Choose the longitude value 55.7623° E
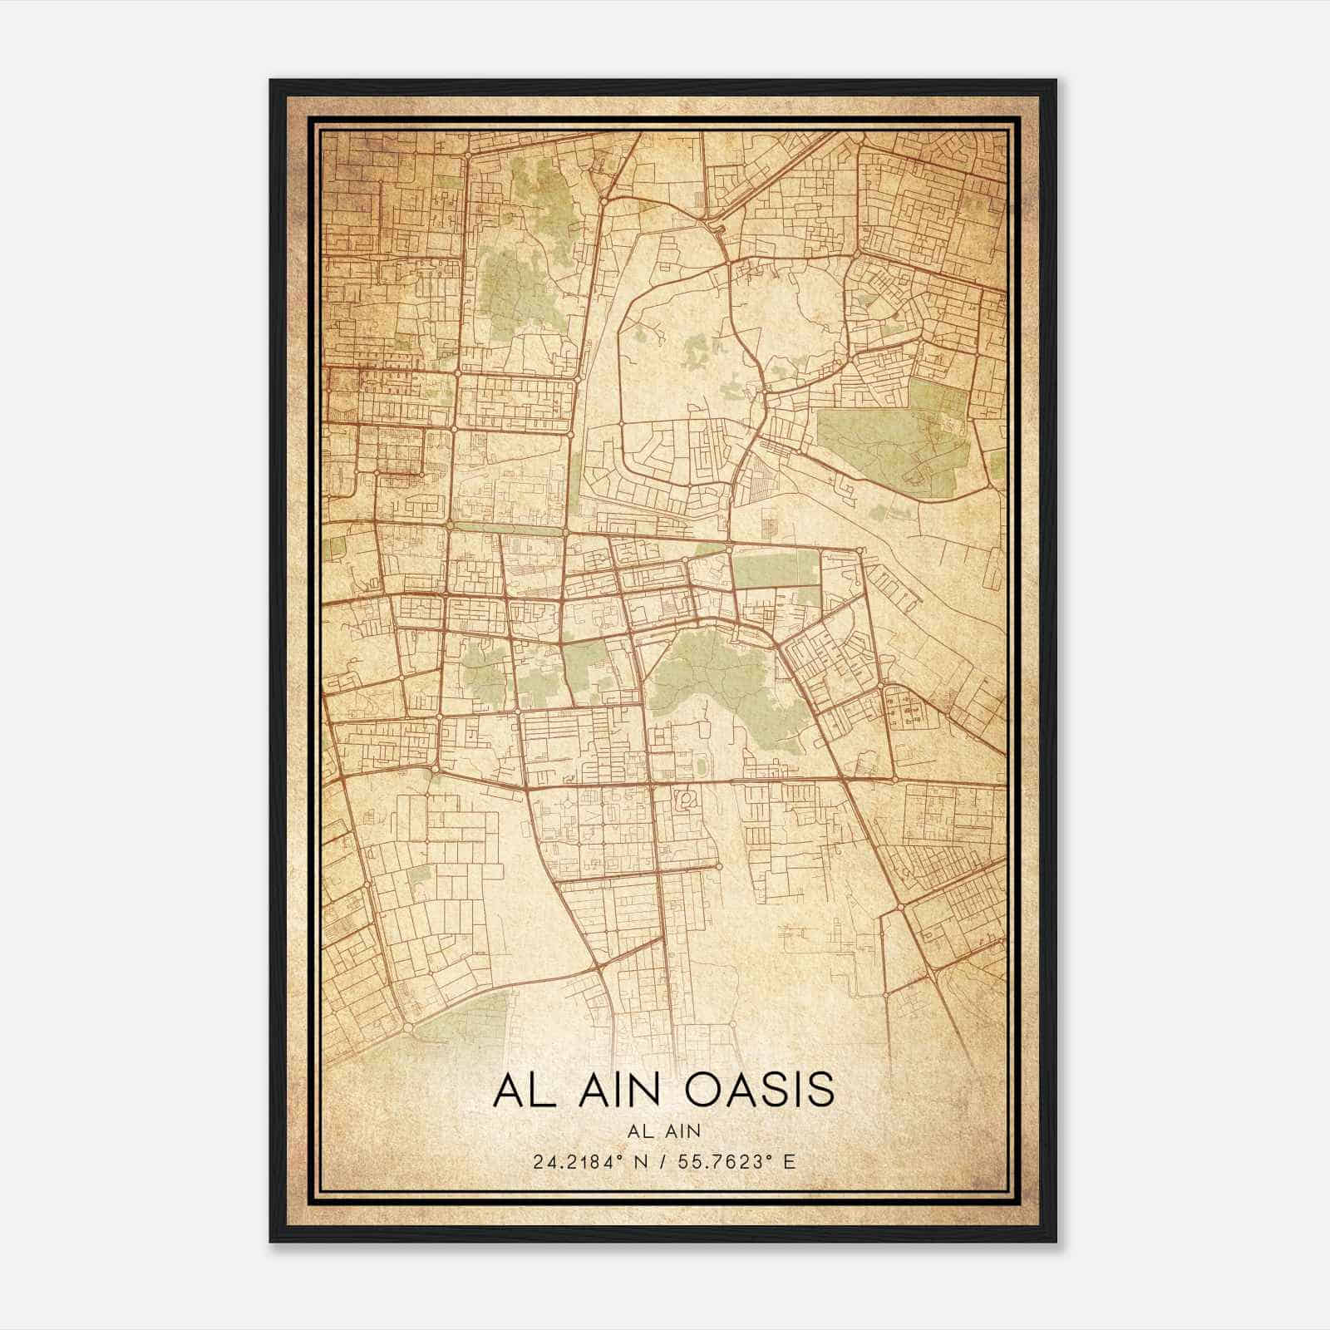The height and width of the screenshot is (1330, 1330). (736, 1161)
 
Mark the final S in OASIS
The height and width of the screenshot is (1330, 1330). (818, 1090)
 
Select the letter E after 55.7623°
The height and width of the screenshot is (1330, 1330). (791, 1161)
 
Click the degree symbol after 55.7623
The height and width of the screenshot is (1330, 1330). (772, 1156)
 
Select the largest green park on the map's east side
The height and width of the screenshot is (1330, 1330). (894, 432)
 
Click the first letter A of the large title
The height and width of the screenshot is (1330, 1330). (506, 1090)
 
